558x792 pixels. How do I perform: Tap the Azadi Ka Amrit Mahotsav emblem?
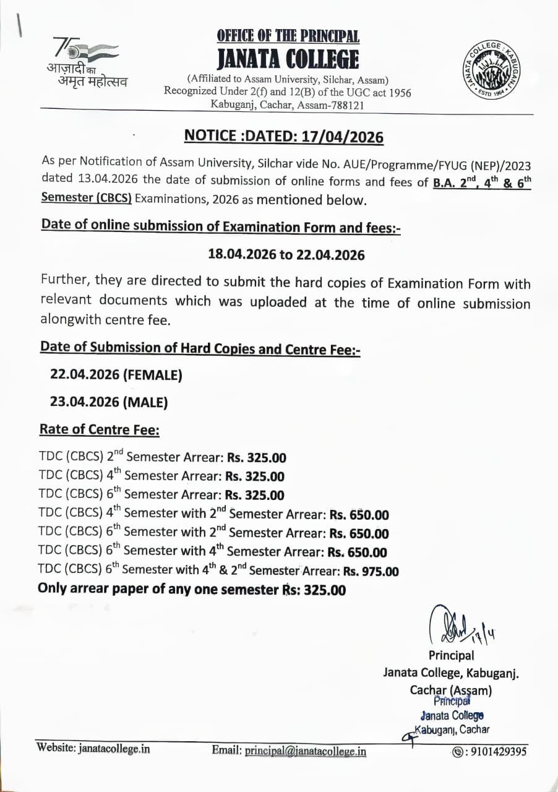click(85, 62)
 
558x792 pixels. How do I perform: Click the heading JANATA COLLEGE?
click(288, 59)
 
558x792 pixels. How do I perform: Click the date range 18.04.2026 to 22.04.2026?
click(286, 254)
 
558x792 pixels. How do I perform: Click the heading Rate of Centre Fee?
click(100, 429)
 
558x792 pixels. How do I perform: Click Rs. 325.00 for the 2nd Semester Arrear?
click(257, 458)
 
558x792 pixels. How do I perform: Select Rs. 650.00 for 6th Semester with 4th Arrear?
click(357, 552)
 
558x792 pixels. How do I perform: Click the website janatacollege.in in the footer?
click(114, 748)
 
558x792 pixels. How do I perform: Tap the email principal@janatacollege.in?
click(306, 751)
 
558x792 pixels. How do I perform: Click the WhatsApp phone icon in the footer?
click(457, 752)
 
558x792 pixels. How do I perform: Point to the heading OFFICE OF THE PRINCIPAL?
click(288, 36)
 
